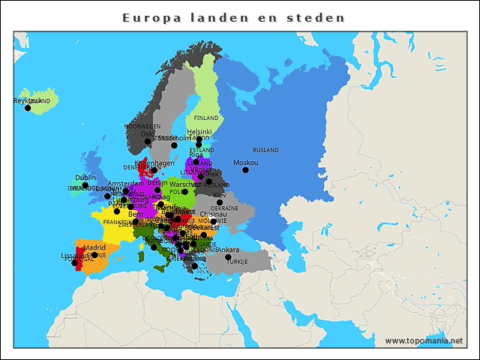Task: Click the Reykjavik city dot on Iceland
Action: pyautogui.click(x=28, y=108)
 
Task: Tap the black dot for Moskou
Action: pyautogui.click(x=245, y=170)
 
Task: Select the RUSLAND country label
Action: pyautogui.click(x=265, y=151)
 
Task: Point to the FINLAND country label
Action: pyautogui.click(x=206, y=118)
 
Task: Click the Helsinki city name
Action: pyautogui.click(x=199, y=131)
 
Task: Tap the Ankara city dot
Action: pyautogui.click(x=228, y=257)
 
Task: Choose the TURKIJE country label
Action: pyautogui.click(x=237, y=262)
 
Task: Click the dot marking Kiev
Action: pyautogui.click(x=220, y=202)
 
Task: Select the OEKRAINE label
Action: pyautogui.click(x=224, y=208)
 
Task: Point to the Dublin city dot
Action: pyautogui.click(x=85, y=185)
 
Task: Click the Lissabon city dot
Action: pyautogui.click(x=74, y=263)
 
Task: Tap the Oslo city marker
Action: pyautogui.click(x=148, y=142)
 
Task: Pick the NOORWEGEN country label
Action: pyautogui.click(x=142, y=127)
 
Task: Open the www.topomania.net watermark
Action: pyautogui.click(x=424, y=341)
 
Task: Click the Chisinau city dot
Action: pyautogui.click(x=213, y=221)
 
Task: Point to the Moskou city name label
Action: pyautogui.click(x=245, y=163)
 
